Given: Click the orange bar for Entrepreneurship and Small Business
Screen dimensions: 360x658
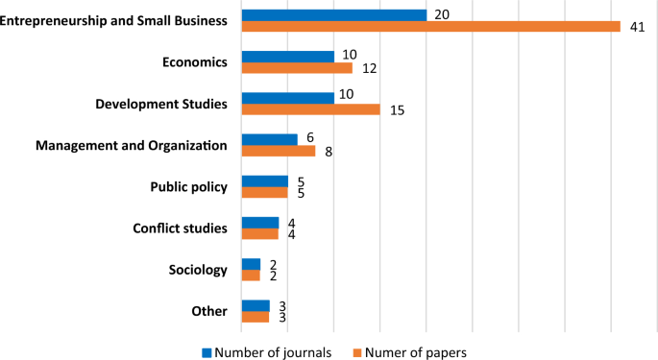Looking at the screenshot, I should (x=430, y=27).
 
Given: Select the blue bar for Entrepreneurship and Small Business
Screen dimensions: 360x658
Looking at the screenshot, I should (x=333, y=15).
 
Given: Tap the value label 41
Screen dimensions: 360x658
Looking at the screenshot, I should (x=636, y=27).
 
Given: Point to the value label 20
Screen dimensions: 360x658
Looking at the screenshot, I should (x=442, y=14).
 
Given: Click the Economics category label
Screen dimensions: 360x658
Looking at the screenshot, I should (x=195, y=62).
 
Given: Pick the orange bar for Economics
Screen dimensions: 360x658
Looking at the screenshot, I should (x=297, y=68).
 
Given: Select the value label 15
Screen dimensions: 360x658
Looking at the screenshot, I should (x=397, y=110).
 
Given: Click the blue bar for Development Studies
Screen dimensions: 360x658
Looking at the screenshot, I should (x=287, y=98).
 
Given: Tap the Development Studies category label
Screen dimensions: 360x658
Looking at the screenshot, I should (x=161, y=104).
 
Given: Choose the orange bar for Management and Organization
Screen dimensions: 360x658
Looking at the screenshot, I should (x=278, y=151).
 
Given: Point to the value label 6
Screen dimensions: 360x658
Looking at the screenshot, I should (x=310, y=138).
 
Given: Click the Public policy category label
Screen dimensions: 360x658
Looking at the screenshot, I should (x=189, y=187).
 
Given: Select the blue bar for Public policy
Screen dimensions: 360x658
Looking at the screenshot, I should (x=264, y=181).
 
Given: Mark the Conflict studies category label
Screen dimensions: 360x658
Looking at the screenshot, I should (x=180, y=228).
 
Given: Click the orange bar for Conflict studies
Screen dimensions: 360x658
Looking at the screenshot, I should (x=259, y=234).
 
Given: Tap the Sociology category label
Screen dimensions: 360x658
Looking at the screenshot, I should (x=198, y=270).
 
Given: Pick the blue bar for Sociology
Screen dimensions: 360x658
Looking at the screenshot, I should (x=251, y=264).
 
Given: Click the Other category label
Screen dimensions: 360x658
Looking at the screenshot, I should (x=209, y=311).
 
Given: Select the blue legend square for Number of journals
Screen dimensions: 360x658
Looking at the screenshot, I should (x=206, y=351).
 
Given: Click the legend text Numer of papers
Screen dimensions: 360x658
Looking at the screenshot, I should (x=416, y=351).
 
